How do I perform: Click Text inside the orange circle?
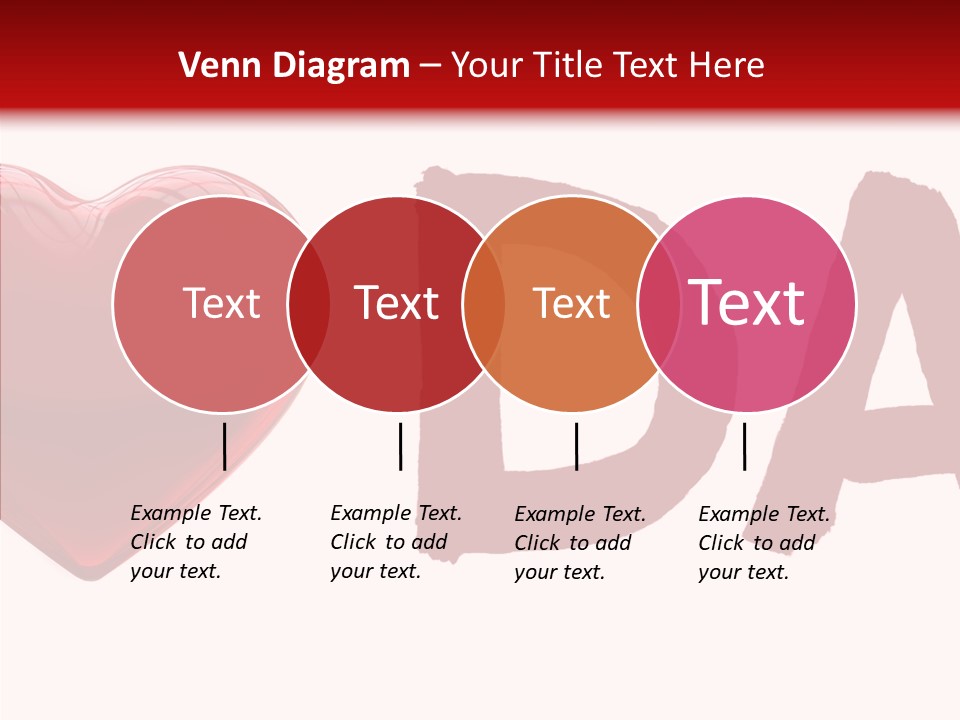(x=571, y=304)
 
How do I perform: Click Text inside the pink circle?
(x=747, y=303)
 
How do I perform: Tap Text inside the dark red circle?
(x=396, y=304)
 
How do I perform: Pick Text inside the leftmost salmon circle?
(x=221, y=304)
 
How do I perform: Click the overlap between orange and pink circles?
(x=659, y=304)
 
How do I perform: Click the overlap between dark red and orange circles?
(x=483, y=304)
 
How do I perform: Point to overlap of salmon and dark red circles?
(x=308, y=304)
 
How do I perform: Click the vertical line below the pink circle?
(x=745, y=446)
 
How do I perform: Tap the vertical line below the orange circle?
(x=577, y=446)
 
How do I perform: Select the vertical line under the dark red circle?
(x=400, y=446)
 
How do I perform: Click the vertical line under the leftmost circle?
(x=225, y=446)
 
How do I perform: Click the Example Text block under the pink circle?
(x=764, y=543)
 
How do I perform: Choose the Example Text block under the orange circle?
(x=580, y=543)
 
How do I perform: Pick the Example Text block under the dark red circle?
(x=396, y=542)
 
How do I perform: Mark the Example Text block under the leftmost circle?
(x=196, y=542)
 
